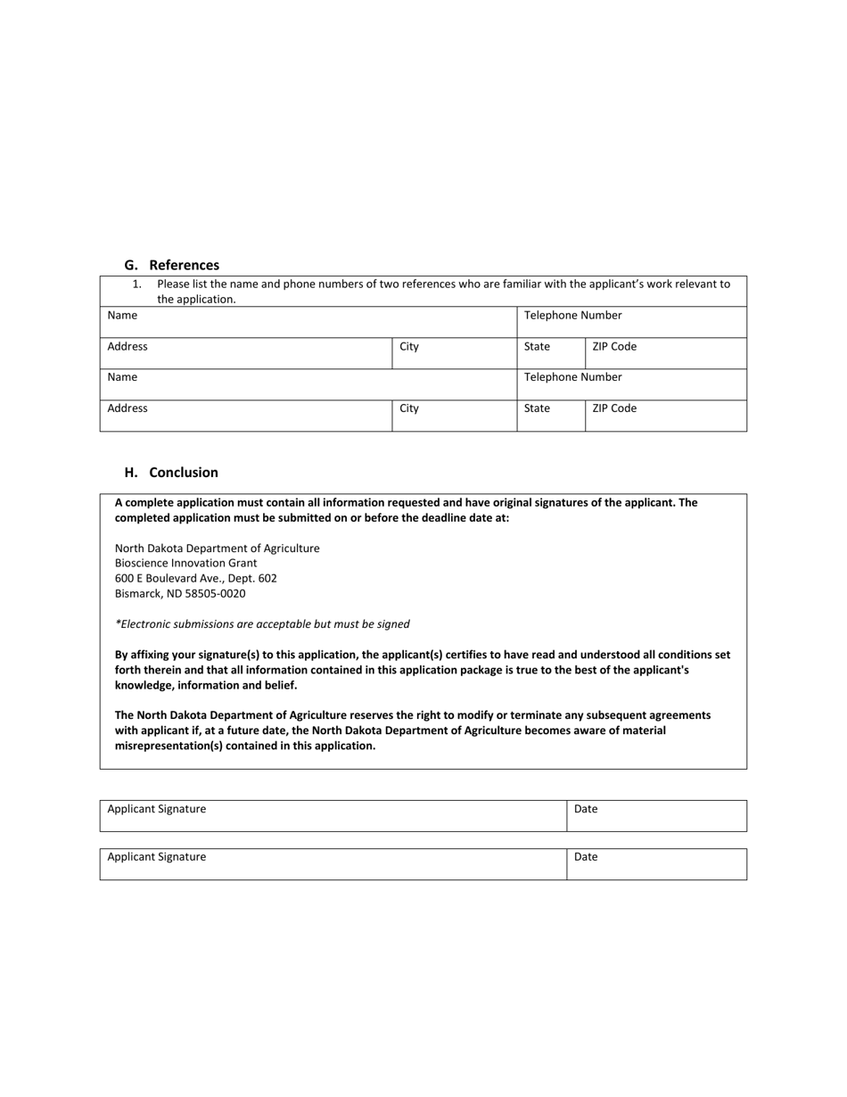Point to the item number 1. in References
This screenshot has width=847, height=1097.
pyautogui.click(x=136, y=284)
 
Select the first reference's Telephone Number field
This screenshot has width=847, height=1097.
pyautogui.click(x=631, y=322)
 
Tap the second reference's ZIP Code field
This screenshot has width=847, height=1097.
pyautogui.click(x=665, y=416)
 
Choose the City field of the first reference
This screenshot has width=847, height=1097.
pyautogui.click(x=454, y=353)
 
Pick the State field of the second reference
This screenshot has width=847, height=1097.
pyautogui.click(x=550, y=416)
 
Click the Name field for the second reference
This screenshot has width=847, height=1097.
pyautogui.click(x=308, y=384)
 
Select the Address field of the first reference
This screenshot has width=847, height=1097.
pyautogui.click(x=245, y=353)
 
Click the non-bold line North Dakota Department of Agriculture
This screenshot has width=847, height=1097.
pyautogui.click(x=217, y=548)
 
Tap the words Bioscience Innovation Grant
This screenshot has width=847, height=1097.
pyautogui.click(x=185, y=563)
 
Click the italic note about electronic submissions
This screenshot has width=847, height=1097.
pyautogui.click(x=262, y=623)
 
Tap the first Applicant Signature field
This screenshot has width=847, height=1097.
pyautogui.click(x=333, y=815)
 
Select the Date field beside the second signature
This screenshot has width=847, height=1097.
pyautogui.click(x=656, y=863)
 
